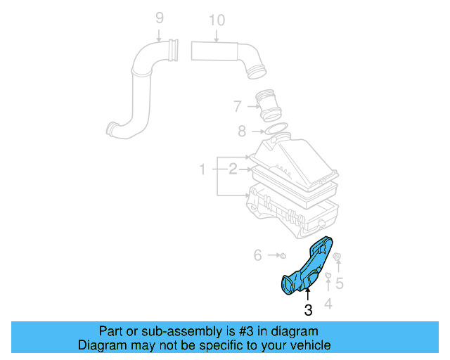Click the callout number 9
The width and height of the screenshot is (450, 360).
159,18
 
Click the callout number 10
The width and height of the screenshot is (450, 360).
217,20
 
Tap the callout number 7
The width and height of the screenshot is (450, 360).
238,107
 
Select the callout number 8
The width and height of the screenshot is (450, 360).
242,130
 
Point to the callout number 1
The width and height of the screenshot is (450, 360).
202,169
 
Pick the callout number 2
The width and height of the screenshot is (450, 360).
232,169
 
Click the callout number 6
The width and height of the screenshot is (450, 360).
257,255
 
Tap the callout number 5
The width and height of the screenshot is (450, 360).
339,283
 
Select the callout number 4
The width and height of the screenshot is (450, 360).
328,304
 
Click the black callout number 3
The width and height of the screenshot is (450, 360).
308,310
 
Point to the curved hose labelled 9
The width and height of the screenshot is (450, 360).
141,91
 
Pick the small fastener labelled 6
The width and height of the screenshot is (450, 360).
280,255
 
